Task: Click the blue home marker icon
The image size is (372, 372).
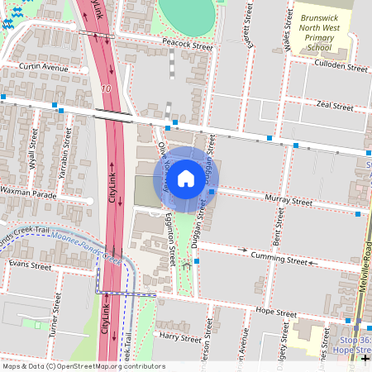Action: [x=186, y=179]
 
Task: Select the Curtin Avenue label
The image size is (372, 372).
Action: [x=44, y=66]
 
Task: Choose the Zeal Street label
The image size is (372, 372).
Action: [x=335, y=107]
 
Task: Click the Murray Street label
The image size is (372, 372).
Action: [x=289, y=201]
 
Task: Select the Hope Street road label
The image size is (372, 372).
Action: [x=276, y=313]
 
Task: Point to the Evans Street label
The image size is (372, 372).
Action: [x=30, y=265]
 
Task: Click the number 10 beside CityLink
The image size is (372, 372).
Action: [x=106, y=88]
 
